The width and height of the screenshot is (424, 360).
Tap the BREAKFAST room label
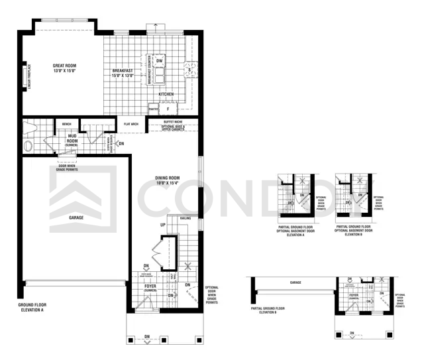(x=123, y=73)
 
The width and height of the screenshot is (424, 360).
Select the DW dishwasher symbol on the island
(x=160, y=61)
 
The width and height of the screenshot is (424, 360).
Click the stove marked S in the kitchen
(x=189, y=70)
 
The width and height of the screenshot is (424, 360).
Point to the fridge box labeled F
(x=168, y=108)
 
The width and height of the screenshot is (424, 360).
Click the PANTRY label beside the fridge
(x=153, y=108)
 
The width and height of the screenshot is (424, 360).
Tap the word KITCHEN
(x=166, y=95)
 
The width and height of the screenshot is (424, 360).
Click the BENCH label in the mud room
(x=66, y=124)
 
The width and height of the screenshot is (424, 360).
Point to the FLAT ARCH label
(x=131, y=124)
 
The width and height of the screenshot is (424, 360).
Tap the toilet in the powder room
(x=28, y=145)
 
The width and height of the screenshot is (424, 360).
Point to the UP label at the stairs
(x=162, y=225)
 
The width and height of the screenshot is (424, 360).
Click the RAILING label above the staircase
(x=186, y=217)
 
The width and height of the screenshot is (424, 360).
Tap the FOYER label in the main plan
(x=150, y=288)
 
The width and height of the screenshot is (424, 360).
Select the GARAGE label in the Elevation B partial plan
(x=295, y=282)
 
